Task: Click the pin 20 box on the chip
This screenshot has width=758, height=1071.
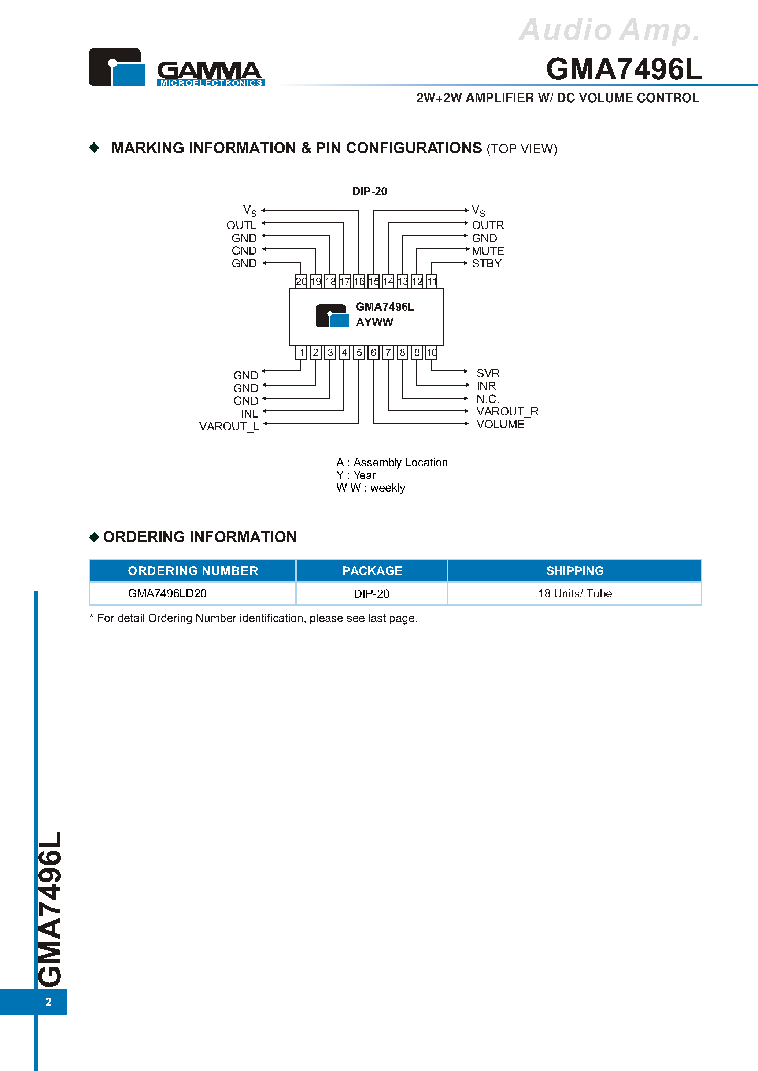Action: pyautogui.click(x=301, y=281)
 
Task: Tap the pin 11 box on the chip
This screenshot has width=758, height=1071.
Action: pyautogui.click(x=432, y=281)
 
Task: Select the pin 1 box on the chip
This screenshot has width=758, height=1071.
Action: pyautogui.click(x=302, y=352)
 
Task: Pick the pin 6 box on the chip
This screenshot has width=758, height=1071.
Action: pyautogui.click(x=373, y=352)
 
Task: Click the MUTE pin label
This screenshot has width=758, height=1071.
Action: pyautogui.click(x=488, y=251)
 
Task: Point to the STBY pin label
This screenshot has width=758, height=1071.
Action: pyautogui.click(x=487, y=264)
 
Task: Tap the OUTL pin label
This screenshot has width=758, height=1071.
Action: pyautogui.click(x=241, y=225)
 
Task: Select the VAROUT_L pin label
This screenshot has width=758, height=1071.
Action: pyautogui.click(x=229, y=427)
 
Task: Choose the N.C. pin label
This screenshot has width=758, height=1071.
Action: pyautogui.click(x=488, y=399)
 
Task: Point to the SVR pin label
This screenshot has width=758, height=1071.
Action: pyautogui.click(x=488, y=373)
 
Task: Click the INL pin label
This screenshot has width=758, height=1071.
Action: pyautogui.click(x=250, y=414)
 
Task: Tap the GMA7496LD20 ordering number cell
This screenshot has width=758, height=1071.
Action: pyautogui.click(x=167, y=594)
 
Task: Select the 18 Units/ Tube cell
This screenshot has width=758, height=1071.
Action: pyautogui.click(x=574, y=594)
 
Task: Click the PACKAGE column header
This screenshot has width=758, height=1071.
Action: pyautogui.click(x=372, y=571)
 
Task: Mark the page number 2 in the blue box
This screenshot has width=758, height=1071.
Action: pyautogui.click(x=48, y=1001)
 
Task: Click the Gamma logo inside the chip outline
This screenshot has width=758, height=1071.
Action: pyautogui.click(x=332, y=316)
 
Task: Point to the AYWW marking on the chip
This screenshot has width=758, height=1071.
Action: pyautogui.click(x=374, y=322)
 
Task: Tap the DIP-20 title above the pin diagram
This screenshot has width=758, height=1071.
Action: pyautogui.click(x=369, y=191)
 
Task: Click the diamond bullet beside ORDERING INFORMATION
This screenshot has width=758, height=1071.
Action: pyautogui.click(x=94, y=537)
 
